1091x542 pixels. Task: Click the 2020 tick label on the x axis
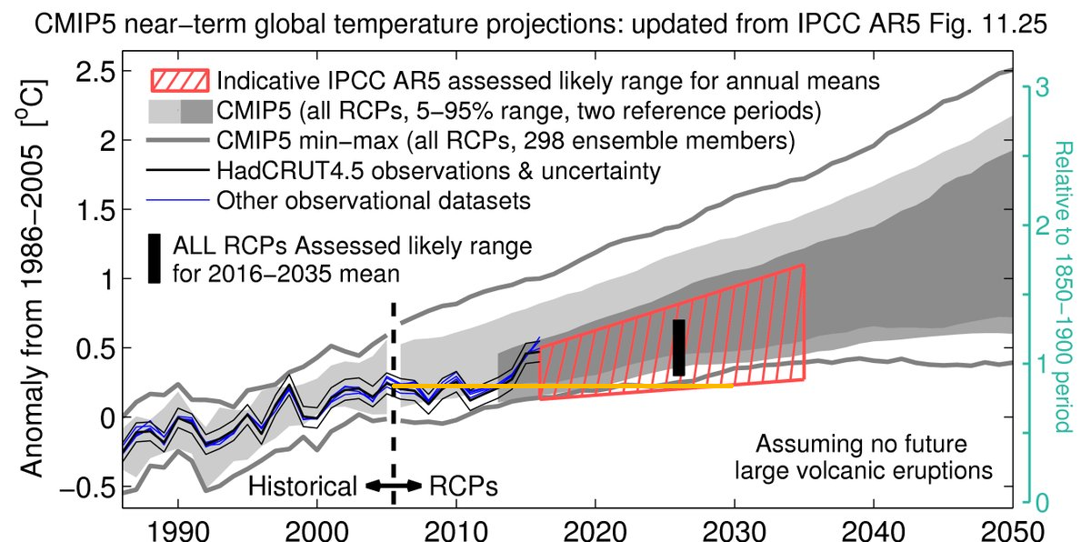click(595, 528)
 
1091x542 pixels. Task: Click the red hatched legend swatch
click(180, 80)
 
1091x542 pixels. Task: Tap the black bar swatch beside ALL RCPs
click(155, 259)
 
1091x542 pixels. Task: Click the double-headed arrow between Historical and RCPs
click(392, 487)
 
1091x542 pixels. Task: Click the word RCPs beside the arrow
click(463, 487)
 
